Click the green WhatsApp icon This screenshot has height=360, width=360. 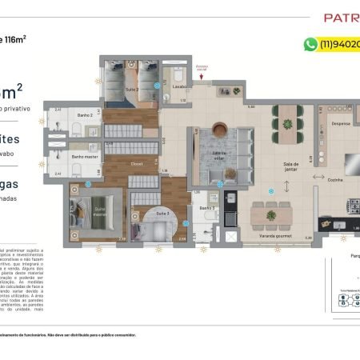click(310, 45)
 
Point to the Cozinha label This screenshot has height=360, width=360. click(334, 180)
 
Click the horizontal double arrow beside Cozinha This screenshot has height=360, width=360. click(318, 177)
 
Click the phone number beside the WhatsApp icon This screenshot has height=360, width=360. click(339, 45)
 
